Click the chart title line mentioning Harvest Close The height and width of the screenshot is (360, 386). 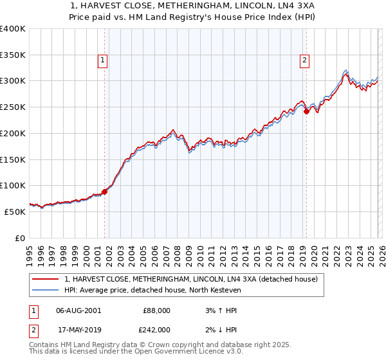(x=192, y=6)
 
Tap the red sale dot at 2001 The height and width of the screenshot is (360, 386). (x=104, y=192)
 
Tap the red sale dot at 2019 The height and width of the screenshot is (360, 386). (x=307, y=111)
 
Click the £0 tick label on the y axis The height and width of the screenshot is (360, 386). (x=19, y=237)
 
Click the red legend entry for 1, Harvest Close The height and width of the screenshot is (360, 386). (x=191, y=280)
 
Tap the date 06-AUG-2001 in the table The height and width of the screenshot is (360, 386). (x=78, y=310)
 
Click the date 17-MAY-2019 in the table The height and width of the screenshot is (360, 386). (x=78, y=329)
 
